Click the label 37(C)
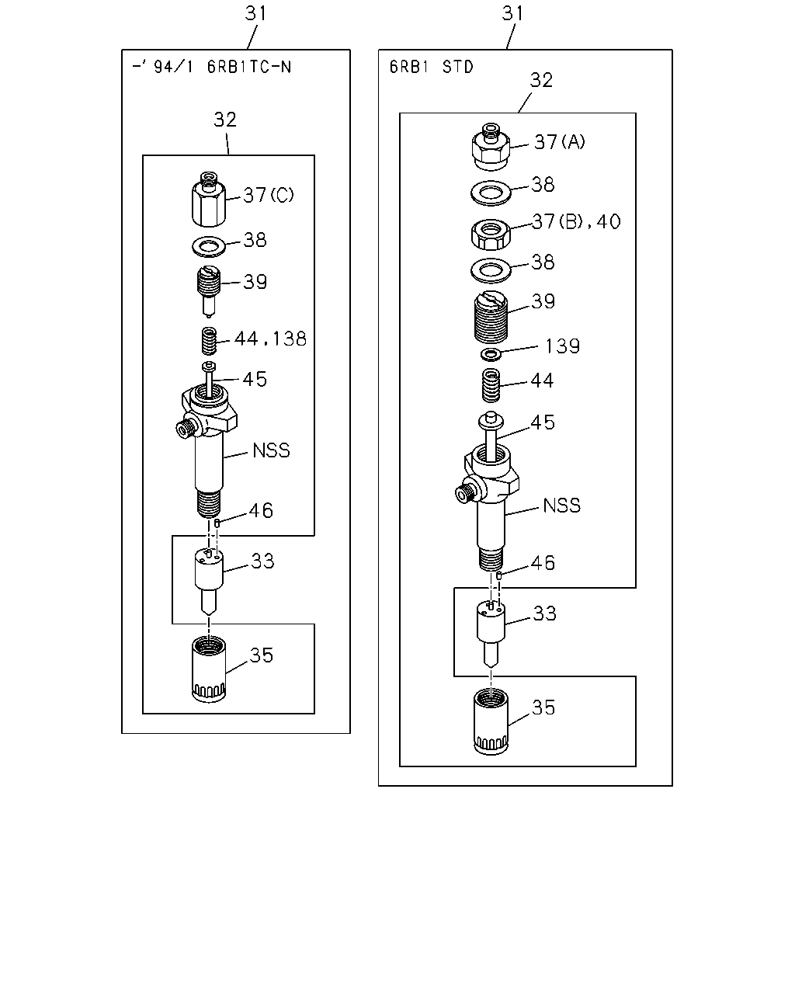[269, 195]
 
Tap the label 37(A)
[560, 142]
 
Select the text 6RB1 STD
[432, 67]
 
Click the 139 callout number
[562, 346]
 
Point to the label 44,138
[270, 339]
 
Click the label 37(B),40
[576, 222]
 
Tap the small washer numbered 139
[491, 355]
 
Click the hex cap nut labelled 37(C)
[209, 200]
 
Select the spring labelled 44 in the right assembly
[491, 384]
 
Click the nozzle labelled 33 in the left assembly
[209, 580]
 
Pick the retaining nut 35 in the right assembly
[491, 722]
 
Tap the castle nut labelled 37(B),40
[491, 235]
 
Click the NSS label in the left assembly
[271, 450]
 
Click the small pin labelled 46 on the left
[217, 523]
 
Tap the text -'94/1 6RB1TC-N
[212, 67]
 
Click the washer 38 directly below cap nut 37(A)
[491, 193]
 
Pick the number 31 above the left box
[255, 13]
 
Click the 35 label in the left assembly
[262, 655]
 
